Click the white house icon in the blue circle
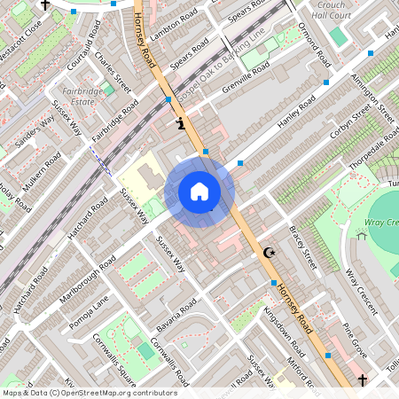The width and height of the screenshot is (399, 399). (x=199, y=192)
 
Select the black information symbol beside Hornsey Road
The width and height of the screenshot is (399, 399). (x=182, y=123)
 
